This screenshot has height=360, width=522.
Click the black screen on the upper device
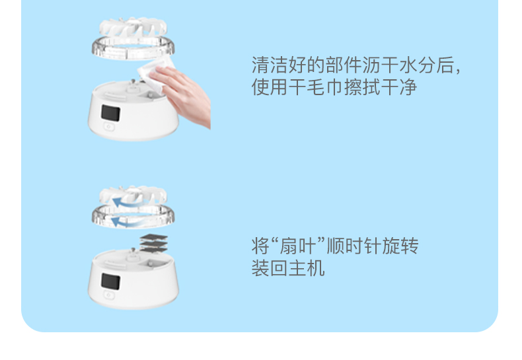(x=110, y=113)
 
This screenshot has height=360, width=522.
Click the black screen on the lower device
(x=110, y=281)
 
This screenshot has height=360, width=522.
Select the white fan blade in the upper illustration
(x=133, y=27)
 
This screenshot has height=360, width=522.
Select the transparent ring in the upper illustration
(x=133, y=48)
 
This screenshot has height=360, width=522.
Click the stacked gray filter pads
(x=154, y=244)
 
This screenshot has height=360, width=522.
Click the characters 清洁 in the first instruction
(x=270, y=65)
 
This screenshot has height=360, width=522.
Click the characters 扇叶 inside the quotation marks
(x=297, y=246)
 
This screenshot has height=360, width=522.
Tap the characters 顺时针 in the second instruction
(x=354, y=246)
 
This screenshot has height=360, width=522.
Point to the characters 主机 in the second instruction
(x=307, y=268)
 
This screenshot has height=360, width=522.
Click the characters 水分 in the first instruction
(x=418, y=65)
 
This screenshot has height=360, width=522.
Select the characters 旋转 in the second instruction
(x=400, y=246)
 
